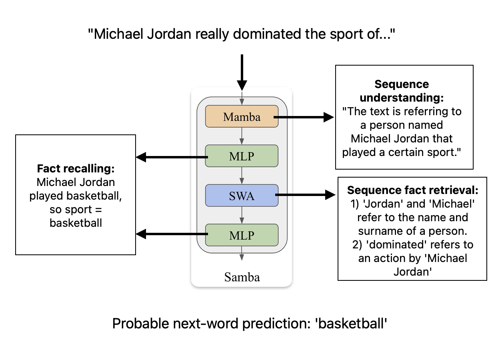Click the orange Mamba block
[242, 116]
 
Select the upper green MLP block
[242, 156]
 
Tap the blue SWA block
[242, 196]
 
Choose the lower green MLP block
[242, 235]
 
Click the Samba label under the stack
[242, 277]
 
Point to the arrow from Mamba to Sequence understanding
[304, 117]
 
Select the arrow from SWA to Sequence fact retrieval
[306, 195]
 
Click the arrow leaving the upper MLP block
[172, 157]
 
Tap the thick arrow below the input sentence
[242, 72]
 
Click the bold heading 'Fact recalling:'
[76, 169]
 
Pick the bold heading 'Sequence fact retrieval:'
[412, 190]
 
